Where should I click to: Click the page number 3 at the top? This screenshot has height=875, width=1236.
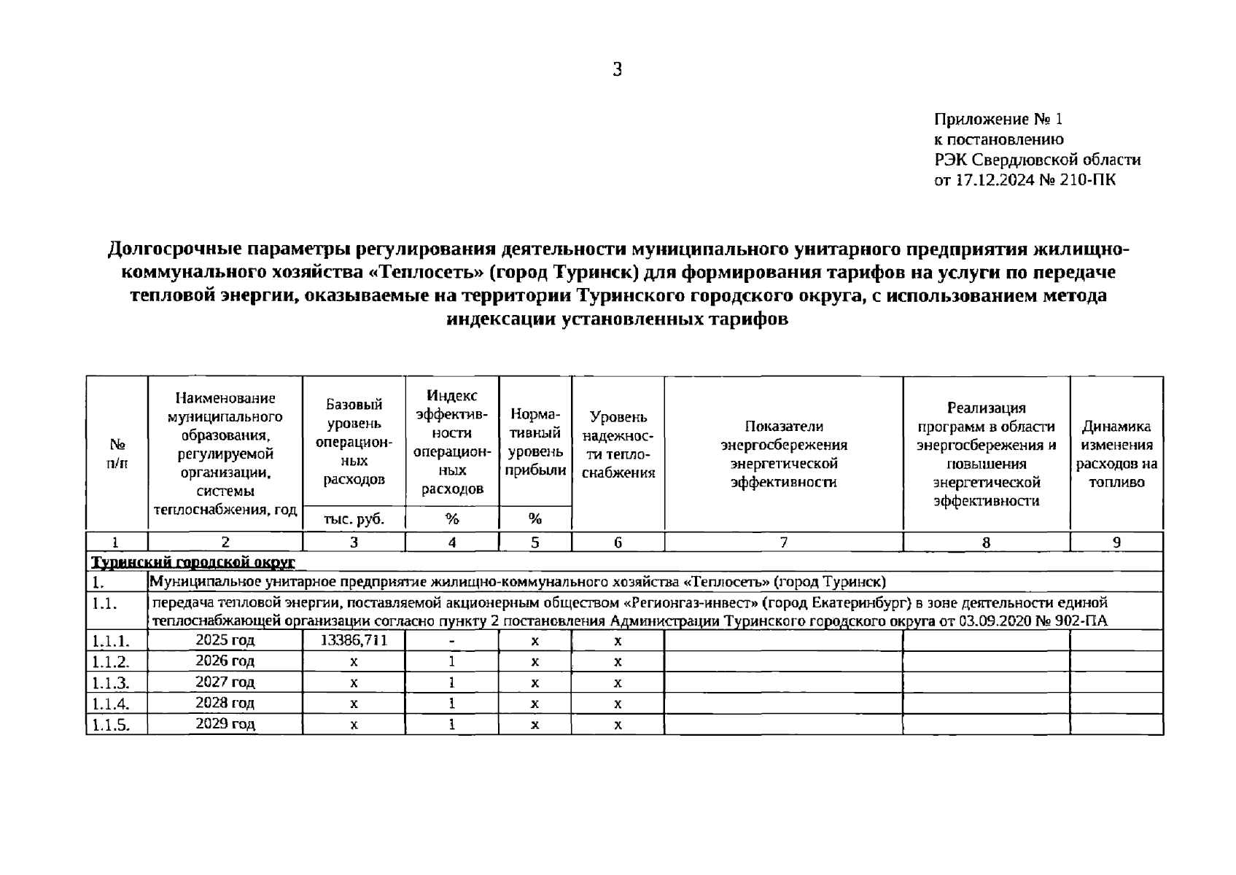617,70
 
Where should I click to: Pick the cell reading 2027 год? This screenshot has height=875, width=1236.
225,682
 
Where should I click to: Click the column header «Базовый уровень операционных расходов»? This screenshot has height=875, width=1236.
354,442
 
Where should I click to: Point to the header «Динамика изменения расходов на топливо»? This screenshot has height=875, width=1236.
1116,454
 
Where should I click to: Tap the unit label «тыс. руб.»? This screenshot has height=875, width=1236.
354,519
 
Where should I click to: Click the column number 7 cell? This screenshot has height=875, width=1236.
783,542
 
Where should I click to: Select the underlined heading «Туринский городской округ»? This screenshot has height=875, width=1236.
193,562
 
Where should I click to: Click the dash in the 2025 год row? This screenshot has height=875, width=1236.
452,641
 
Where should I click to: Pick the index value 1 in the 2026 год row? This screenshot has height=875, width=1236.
452,661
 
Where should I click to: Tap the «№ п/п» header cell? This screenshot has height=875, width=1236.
117,454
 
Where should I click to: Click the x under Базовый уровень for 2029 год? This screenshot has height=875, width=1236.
354,725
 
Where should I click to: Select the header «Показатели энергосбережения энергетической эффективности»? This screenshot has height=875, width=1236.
783,454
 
